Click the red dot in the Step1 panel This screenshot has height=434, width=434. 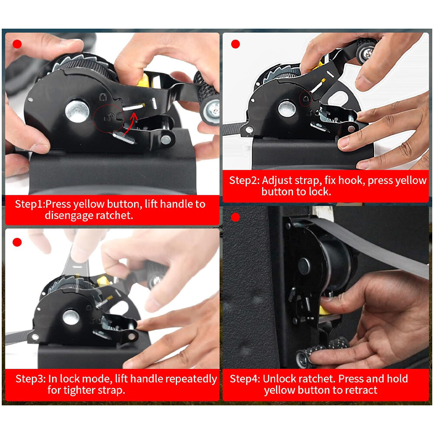(x=17, y=44)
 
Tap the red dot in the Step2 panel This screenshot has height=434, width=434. (x=236, y=44)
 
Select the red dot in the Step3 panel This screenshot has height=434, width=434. (x=17, y=242)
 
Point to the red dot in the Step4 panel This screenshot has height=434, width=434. (x=235, y=217)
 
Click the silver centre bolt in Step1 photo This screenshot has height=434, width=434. (x=77, y=111)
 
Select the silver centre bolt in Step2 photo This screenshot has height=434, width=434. (x=287, y=109)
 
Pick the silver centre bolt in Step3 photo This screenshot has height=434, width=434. (x=71, y=317)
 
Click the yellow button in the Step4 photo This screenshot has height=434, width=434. (x=324, y=310)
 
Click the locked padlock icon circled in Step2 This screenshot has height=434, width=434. (x=306, y=98)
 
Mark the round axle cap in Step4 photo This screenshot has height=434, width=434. (x=304, y=266)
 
